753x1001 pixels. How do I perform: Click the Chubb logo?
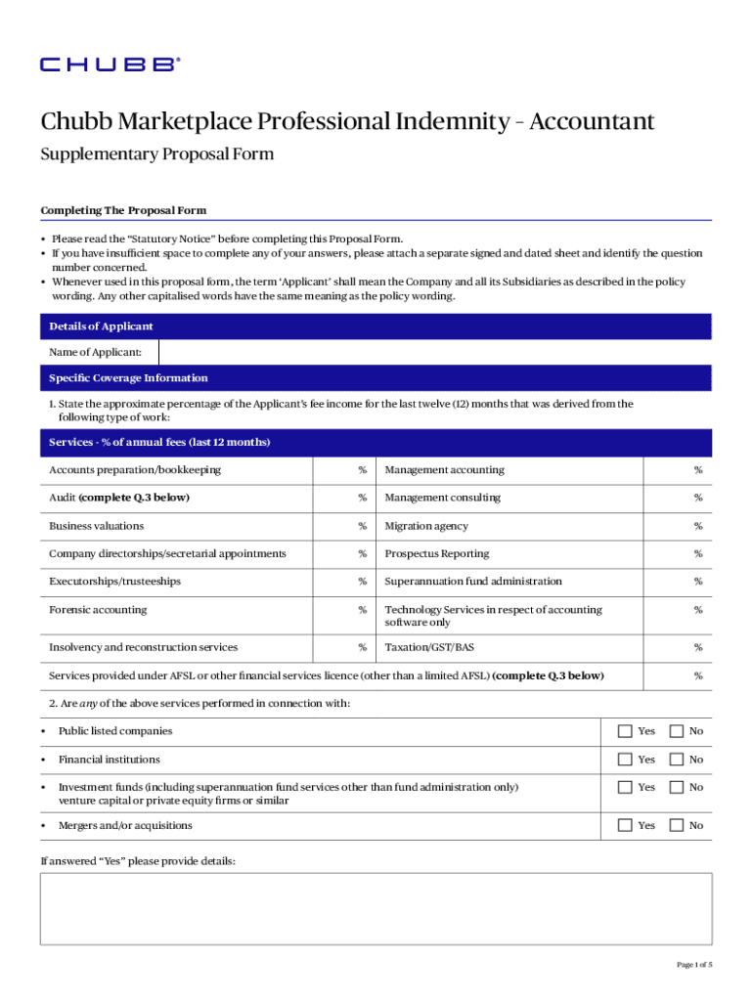click(x=110, y=65)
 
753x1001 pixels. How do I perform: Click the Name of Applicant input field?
click(x=434, y=352)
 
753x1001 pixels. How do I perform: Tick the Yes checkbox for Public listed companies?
click(x=625, y=731)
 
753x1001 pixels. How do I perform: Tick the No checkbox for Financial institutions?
click(x=676, y=760)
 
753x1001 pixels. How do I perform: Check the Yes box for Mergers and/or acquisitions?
click(x=625, y=826)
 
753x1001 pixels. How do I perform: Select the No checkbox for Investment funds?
click(x=676, y=787)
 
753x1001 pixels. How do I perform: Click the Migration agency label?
click(x=425, y=526)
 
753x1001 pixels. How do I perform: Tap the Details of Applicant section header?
click(x=101, y=326)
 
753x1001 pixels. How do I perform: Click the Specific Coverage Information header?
click(x=128, y=378)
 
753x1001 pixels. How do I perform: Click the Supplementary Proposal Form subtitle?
click(x=156, y=154)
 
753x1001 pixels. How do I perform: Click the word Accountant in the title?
click(x=591, y=122)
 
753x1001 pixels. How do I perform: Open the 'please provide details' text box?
click(x=376, y=908)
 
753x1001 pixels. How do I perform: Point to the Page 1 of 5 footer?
click(x=694, y=965)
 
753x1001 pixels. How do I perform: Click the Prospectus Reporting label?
click(x=436, y=554)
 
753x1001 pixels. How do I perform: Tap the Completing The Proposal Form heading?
click(x=123, y=210)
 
